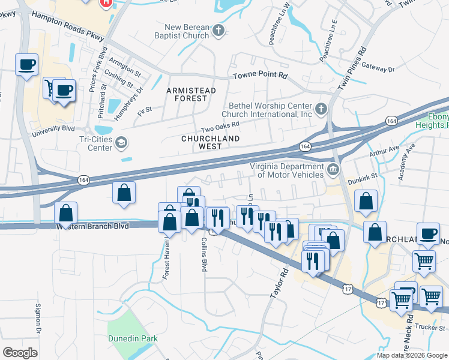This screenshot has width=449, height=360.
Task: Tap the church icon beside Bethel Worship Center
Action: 321,109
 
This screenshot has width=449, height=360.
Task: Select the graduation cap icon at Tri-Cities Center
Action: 121,142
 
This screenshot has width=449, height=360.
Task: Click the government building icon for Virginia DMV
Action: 333,170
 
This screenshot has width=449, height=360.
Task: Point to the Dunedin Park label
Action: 133,338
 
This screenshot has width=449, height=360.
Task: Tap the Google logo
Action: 20,352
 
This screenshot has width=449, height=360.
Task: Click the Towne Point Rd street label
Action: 261,76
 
